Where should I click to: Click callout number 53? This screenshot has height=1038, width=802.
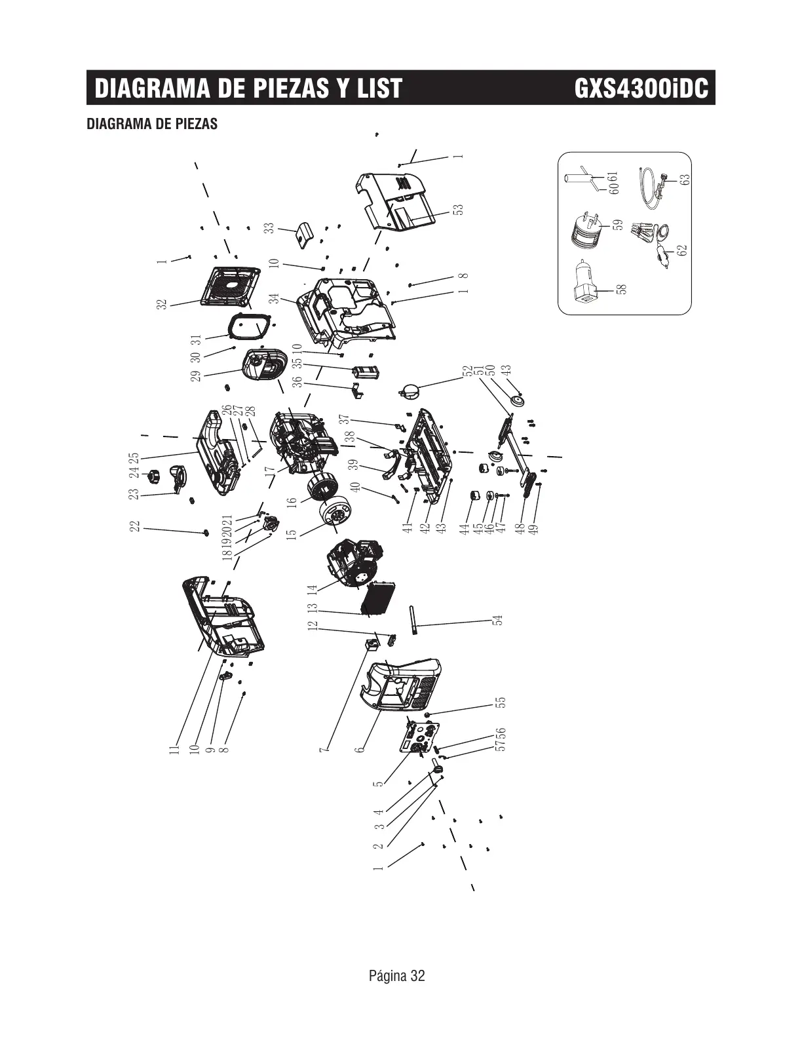pos(459,209)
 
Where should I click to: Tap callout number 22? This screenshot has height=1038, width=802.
pos(135,526)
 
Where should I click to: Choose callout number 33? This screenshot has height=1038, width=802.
pos(269,228)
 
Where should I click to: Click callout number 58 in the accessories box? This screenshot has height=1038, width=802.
pos(622,289)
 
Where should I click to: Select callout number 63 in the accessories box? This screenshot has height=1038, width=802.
pos(685,178)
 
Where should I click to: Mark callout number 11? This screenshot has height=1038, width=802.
pos(174,749)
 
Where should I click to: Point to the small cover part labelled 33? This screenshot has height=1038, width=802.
pos(303,233)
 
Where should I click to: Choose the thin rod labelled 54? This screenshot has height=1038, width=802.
pos(414,621)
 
